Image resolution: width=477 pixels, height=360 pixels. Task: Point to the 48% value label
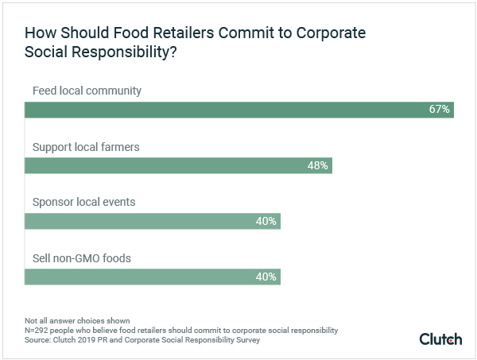(x=318, y=165)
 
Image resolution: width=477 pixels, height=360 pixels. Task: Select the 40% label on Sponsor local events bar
(x=266, y=221)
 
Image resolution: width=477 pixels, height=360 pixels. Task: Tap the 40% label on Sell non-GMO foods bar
(x=266, y=277)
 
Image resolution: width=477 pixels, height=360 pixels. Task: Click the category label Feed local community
(x=87, y=91)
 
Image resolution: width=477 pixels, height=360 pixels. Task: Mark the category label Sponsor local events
(x=83, y=202)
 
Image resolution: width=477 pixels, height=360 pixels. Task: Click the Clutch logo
(x=440, y=339)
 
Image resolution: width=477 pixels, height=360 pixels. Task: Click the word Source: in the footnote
(x=39, y=339)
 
